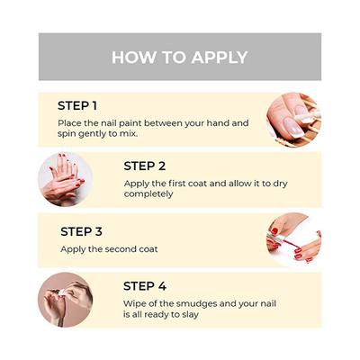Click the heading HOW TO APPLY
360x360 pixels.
tap(180, 58)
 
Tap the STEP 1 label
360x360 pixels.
tap(77, 106)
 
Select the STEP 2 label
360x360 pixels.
tap(145, 166)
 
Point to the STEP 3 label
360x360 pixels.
tap(81, 231)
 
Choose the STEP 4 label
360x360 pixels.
tap(145, 286)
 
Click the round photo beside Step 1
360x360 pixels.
tap(294, 120)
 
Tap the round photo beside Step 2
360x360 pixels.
tap(66, 179)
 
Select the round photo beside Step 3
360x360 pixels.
tap(294, 239)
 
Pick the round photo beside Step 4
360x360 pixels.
tap(66, 300)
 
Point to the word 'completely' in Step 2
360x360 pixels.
tap(148, 194)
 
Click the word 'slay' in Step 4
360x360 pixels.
tap(191, 315)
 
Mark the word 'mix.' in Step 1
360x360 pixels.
tap(129, 133)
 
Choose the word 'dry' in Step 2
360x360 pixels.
tap(280, 184)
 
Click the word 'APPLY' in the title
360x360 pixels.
tap(220, 58)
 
